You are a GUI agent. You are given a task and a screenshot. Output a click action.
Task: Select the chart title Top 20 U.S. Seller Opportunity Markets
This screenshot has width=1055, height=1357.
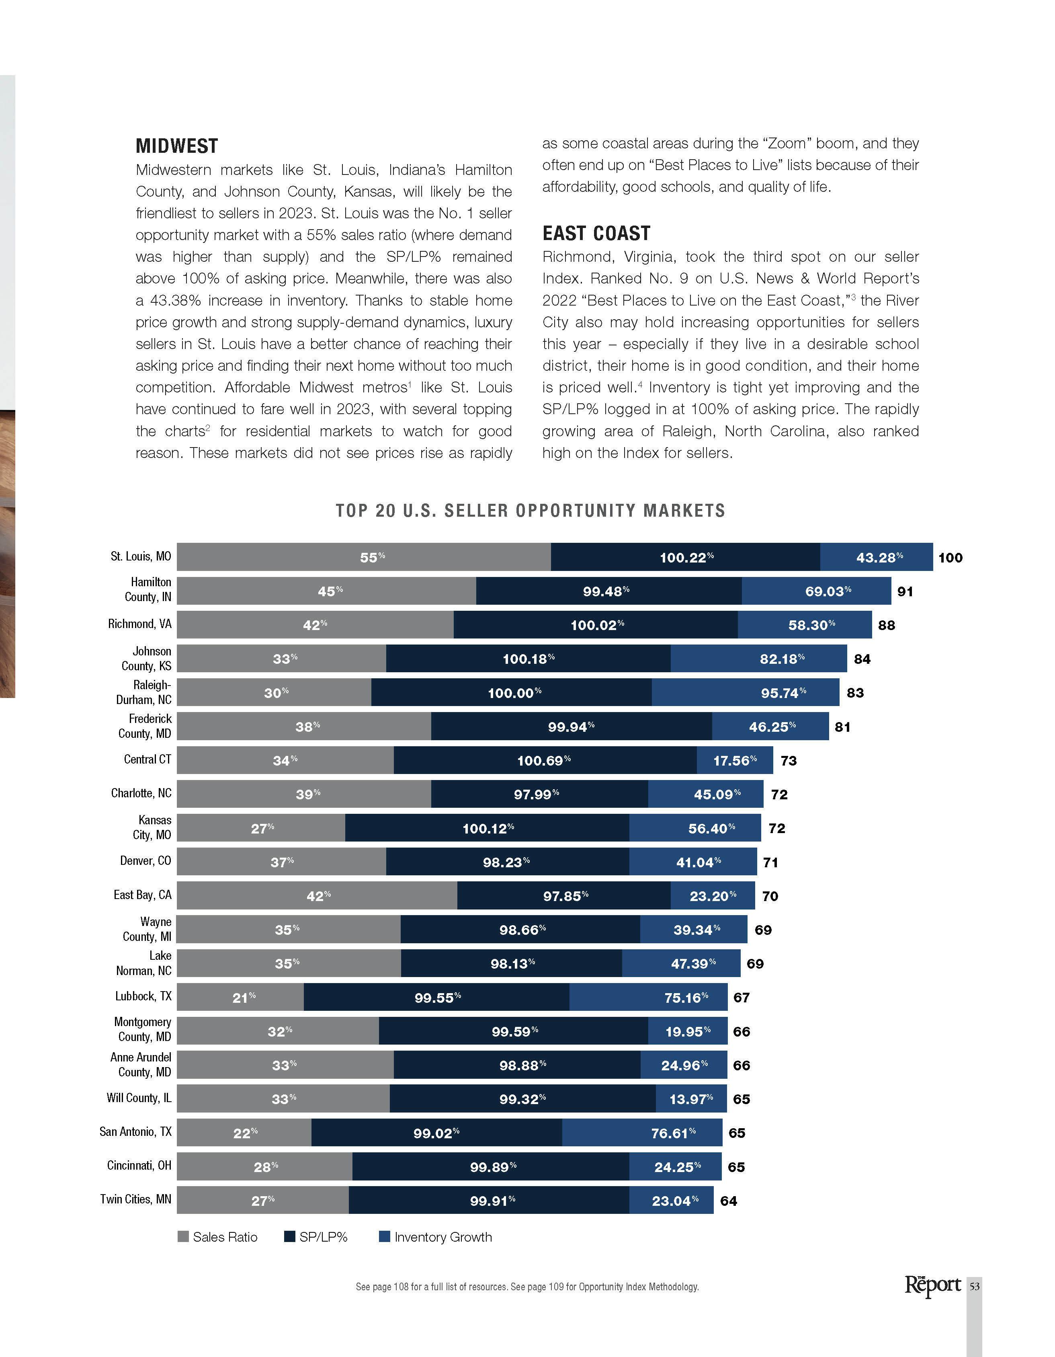click(530, 511)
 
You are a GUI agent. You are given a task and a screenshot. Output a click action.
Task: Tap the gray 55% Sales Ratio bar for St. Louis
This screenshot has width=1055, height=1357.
click(363, 557)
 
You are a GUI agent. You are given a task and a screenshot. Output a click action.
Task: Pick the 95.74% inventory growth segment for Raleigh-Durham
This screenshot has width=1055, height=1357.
click(745, 692)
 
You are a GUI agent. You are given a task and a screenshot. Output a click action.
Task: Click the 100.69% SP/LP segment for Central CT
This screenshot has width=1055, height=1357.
click(545, 760)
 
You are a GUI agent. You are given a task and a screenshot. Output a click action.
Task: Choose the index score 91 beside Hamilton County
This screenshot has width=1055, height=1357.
click(905, 591)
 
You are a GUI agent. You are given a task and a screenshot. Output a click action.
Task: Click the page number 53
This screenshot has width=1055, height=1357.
click(974, 1286)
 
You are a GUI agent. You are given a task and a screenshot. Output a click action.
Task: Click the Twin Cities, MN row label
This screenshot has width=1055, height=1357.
click(135, 1199)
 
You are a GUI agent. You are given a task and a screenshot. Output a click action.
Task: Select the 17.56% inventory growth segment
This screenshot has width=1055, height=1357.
click(735, 760)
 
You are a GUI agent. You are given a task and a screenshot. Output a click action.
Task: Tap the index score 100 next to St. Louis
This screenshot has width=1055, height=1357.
click(950, 557)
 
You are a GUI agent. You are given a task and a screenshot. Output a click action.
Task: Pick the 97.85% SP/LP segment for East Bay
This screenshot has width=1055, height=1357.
click(564, 895)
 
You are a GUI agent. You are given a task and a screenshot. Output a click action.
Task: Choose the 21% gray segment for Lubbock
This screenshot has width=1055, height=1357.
click(240, 997)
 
